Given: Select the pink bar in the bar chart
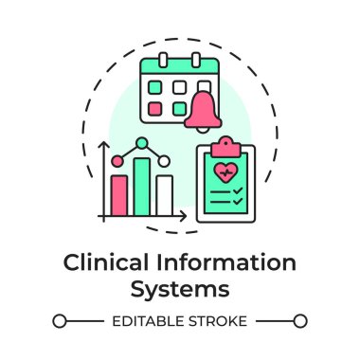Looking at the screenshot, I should (x=120, y=194).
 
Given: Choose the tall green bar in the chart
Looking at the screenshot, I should (x=142, y=186).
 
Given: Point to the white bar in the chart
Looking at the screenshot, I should (x=164, y=194).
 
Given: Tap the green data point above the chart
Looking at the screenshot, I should (x=142, y=143).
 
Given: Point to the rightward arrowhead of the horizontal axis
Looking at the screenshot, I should (x=186, y=218).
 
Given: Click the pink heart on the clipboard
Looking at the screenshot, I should (x=226, y=173).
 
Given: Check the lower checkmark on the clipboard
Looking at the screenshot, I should (x=238, y=203).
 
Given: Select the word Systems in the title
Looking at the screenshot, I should (x=180, y=285).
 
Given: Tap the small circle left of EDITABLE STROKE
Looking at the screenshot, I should (x=59, y=321).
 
